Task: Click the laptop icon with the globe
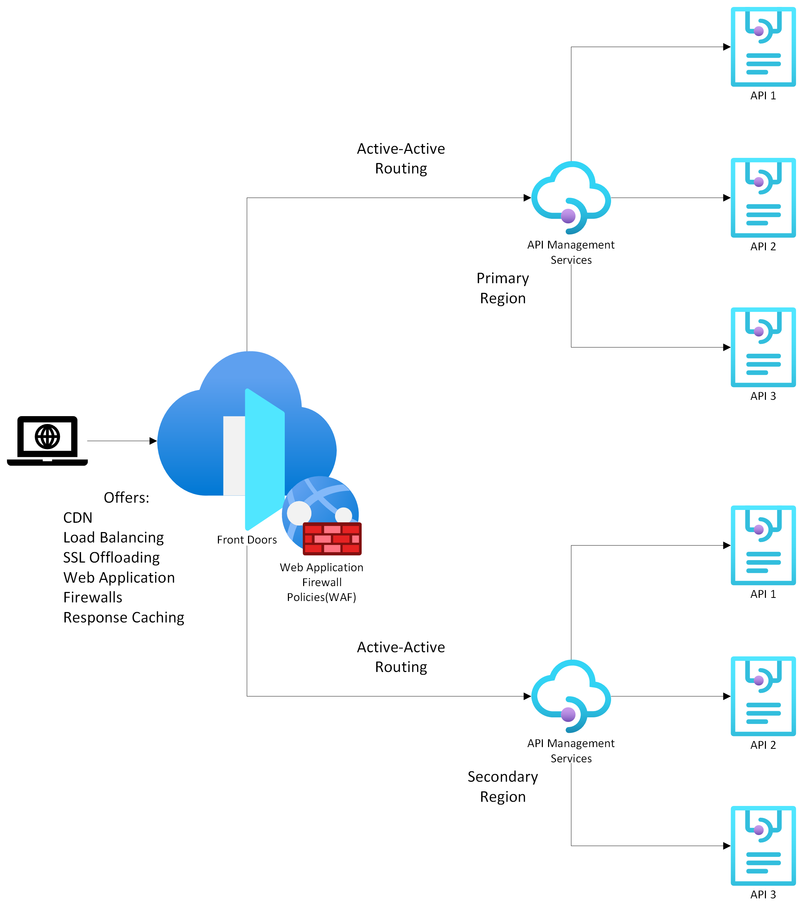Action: click(47, 440)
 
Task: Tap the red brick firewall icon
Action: click(332, 538)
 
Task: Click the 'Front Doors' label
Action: click(246, 539)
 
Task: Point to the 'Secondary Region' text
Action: click(503, 786)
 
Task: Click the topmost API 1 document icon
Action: click(763, 46)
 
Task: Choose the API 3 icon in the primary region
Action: click(763, 347)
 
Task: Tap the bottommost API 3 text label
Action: click(763, 894)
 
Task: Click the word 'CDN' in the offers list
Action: click(78, 517)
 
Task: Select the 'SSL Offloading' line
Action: click(111, 557)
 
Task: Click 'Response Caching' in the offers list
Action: click(124, 617)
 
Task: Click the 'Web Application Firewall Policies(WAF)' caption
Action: click(321, 582)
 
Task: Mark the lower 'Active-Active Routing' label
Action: click(401, 656)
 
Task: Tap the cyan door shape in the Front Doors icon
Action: click(264, 459)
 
